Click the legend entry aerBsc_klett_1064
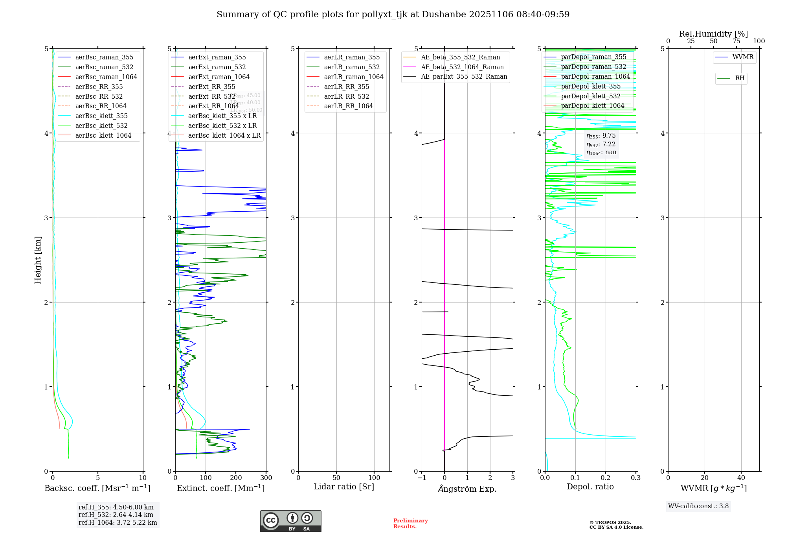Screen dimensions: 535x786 (103, 135)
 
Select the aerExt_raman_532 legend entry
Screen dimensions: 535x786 (217, 67)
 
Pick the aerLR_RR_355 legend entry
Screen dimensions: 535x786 (346, 87)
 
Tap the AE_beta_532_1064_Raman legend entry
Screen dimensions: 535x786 (462, 67)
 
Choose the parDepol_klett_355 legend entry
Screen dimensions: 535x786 (591, 86)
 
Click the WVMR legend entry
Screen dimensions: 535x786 (743, 57)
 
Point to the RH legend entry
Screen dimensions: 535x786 (740, 78)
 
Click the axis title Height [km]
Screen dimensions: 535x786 (38, 260)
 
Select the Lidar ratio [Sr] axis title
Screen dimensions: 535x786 (344, 487)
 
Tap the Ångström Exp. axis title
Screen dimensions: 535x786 (467, 489)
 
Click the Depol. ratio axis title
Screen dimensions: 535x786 (590, 487)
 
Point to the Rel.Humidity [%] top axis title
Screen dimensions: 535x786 (713, 34)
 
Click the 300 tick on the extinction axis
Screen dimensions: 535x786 (266, 478)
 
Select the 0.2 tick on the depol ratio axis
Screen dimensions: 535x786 (606, 478)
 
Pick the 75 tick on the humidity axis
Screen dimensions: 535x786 (736, 41)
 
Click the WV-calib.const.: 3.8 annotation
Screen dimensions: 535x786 (698, 506)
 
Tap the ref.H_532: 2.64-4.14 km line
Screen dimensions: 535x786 (116, 515)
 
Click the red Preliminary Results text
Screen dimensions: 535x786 (410, 524)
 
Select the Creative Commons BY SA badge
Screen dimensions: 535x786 (290, 521)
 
